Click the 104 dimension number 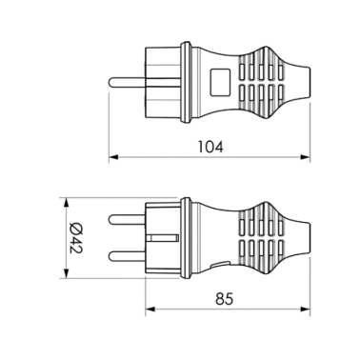tap(211, 148)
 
